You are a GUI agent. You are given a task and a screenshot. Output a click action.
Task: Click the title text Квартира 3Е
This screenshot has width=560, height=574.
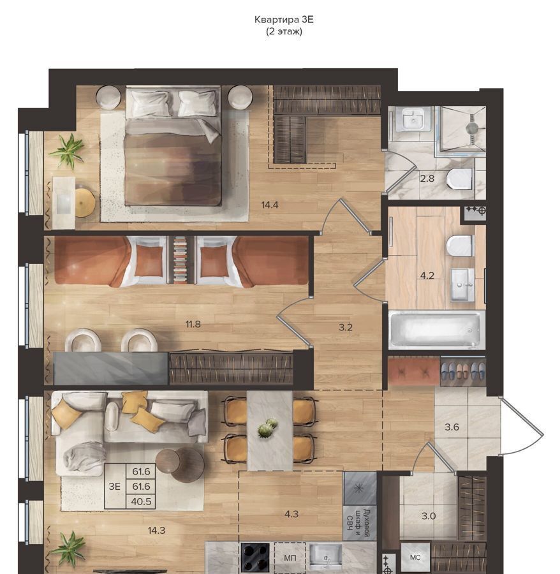pyautogui.click(x=284, y=19)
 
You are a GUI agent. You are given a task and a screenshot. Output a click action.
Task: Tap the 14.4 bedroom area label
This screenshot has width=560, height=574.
pyautogui.click(x=270, y=205)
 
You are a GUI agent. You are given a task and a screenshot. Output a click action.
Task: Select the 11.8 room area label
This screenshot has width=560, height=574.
pyautogui.click(x=193, y=324)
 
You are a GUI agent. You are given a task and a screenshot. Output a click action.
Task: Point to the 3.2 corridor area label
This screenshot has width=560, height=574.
pyautogui.click(x=346, y=327)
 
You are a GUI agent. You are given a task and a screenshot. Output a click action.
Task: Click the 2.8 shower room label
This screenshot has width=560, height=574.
pyautogui.click(x=427, y=179)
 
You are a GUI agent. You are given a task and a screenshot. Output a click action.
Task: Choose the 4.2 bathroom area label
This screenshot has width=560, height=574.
pyautogui.click(x=427, y=276)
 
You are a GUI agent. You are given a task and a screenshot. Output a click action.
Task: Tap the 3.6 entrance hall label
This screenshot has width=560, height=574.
pyautogui.click(x=452, y=427)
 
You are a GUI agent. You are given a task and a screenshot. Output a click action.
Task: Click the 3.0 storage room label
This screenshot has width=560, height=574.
pyautogui.click(x=429, y=516)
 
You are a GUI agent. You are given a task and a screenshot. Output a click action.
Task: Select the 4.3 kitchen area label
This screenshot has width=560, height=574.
pyautogui.click(x=291, y=514)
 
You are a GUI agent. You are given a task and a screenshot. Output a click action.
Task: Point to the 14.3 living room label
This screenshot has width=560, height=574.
pyautogui.click(x=156, y=531)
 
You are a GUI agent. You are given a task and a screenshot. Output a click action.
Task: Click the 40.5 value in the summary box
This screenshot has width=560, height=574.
pyautogui.click(x=141, y=501)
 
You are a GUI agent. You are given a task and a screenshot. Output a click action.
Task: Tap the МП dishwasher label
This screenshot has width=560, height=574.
pyautogui.click(x=290, y=558)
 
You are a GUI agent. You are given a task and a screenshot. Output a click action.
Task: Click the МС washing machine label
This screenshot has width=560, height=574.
pyautogui.click(x=415, y=557)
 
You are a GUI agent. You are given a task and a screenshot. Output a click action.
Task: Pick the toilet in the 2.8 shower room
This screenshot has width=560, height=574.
pyautogui.click(x=460, y=179)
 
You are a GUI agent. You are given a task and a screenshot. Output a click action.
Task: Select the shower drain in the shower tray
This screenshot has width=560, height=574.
pyautogui.click(x=472, y=128)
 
